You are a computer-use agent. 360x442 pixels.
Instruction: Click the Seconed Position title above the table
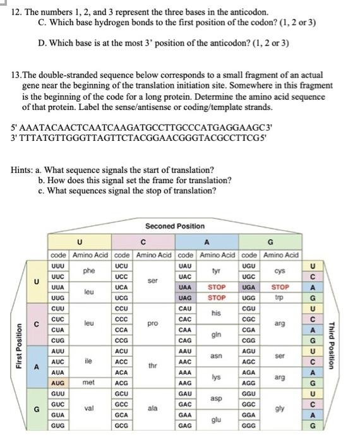(x=175, y=225)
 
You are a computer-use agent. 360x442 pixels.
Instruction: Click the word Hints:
(x=23, y=169)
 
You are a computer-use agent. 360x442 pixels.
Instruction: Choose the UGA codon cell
(x=249, y=287)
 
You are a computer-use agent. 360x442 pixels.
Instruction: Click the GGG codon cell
(x=249, y=426)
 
